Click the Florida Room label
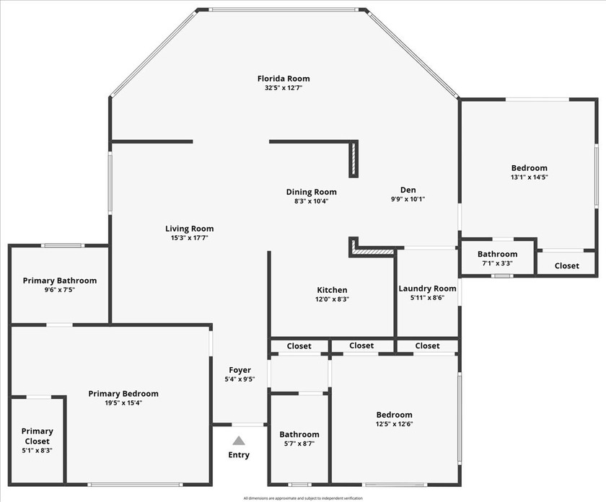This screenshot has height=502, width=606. (284, 79)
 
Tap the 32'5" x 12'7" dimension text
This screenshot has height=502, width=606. (284, 88)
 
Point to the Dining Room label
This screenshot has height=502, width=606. (311, 192)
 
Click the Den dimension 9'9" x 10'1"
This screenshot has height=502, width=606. (408, 199)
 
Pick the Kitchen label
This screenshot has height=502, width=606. (332, 290)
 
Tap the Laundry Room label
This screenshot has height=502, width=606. (427, 289)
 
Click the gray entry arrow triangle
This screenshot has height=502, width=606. (239, 440)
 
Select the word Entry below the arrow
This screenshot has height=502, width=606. (239, 455)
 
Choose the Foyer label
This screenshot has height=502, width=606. (240, 370)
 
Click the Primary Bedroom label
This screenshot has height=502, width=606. (123, 394)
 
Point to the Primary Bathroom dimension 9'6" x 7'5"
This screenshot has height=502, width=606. (59, 290)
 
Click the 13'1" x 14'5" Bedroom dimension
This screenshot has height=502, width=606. (529, 177)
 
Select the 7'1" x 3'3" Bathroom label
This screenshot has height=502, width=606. (497, 254)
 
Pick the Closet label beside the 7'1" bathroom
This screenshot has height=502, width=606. (566, 265)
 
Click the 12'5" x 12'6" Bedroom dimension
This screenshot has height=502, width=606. (394, 424)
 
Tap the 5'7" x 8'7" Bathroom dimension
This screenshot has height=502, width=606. (299, 444)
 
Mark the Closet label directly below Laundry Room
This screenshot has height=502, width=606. (427, 346)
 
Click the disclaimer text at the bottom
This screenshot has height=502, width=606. (303, 498)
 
